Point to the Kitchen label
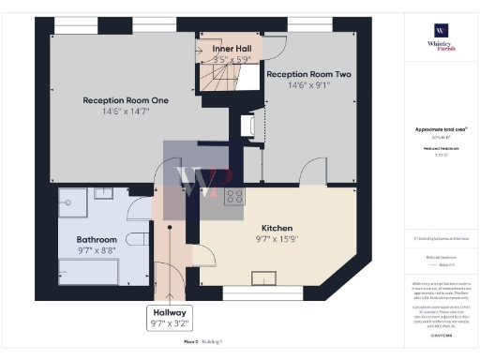pos(277,228)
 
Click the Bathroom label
pos(97,239)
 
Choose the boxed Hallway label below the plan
pos(170,312)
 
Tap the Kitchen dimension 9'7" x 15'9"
pos(277,240)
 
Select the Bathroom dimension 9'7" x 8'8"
pos(97,251)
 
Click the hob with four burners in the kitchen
pos(234,197)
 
